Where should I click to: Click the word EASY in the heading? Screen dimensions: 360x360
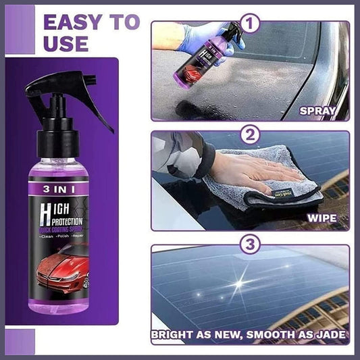74,22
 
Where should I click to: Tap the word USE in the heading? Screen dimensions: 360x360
65,44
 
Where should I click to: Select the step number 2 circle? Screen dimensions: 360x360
251,135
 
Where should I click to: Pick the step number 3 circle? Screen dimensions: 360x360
251,245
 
